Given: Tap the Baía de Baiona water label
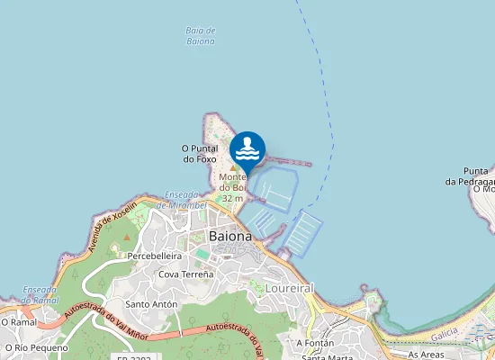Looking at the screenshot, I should [201, 36].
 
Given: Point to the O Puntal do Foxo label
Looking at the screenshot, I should [201, 154].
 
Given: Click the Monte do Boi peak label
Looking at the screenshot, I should [232, 182].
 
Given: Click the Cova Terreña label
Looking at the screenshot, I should [186, 274].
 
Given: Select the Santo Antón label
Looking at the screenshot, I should [151, 304].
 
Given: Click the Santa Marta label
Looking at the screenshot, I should [327, 357].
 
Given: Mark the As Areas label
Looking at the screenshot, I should [426, 355].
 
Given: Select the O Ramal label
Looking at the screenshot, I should [17, 320].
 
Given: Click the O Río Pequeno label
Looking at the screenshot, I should [35, 346].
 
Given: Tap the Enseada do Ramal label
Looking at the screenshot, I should [40, 295].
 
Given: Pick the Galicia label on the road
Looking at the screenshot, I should [445, 334].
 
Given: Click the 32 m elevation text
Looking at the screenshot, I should [232, 198].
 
